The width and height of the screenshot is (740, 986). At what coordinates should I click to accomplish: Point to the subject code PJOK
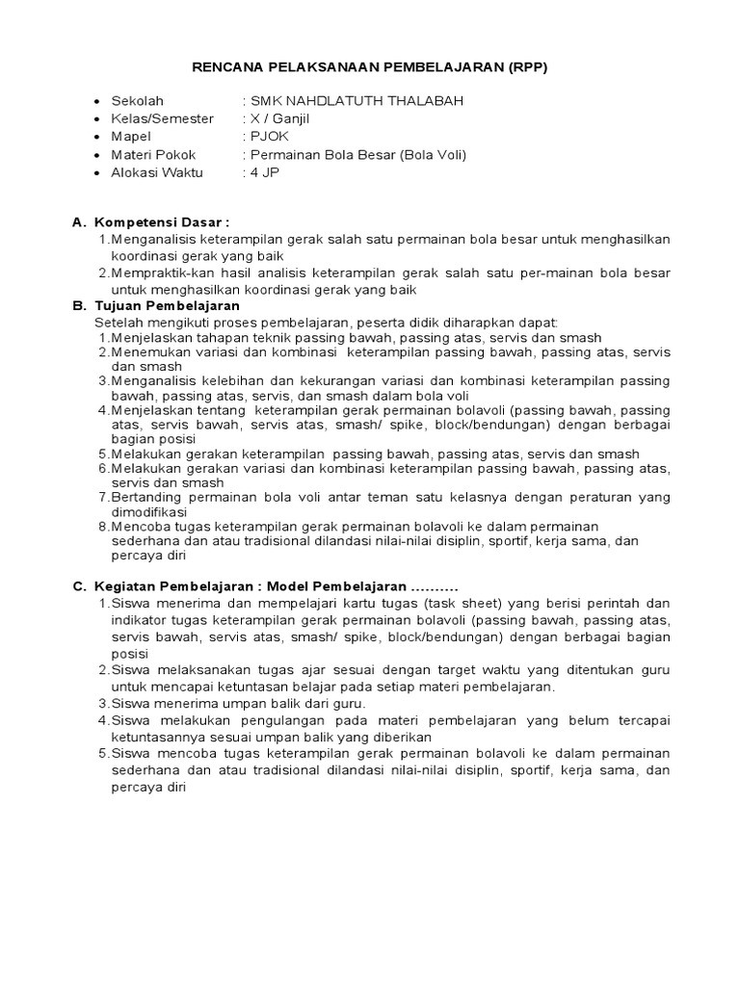(271, 137)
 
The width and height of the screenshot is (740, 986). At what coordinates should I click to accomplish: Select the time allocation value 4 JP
(265, 172)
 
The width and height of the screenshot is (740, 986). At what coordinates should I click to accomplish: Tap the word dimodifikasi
(149, 512)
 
